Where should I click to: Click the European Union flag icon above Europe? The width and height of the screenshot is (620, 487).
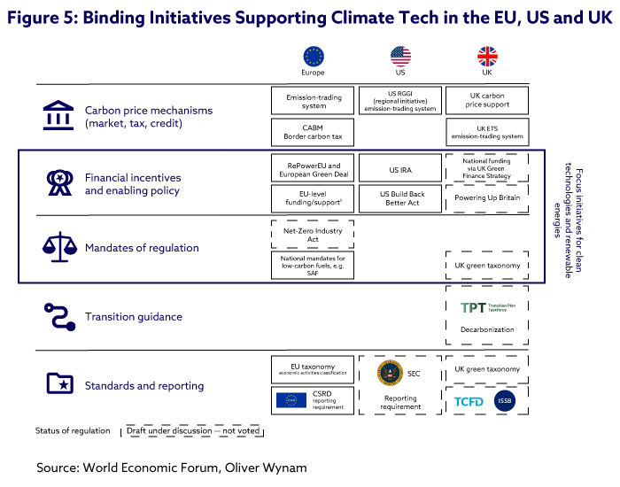coord(314,57)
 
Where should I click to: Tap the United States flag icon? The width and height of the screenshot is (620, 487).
coord(400,57)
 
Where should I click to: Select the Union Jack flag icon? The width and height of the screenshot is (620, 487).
coord(487,57)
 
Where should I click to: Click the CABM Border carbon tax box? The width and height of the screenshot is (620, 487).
coord(314,134)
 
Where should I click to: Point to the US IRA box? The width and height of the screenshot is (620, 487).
coord(400,168)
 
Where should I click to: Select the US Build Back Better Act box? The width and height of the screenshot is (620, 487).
coord(400,197)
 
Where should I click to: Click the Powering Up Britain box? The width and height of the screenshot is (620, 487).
coord(487,197)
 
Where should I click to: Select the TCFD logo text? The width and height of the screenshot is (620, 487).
coord(469,401)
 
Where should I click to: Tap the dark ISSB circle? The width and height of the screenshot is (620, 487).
coord(505,401)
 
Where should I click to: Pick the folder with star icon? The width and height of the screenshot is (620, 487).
coord(58,385)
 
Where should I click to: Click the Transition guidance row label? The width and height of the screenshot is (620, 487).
coord(133,316)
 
